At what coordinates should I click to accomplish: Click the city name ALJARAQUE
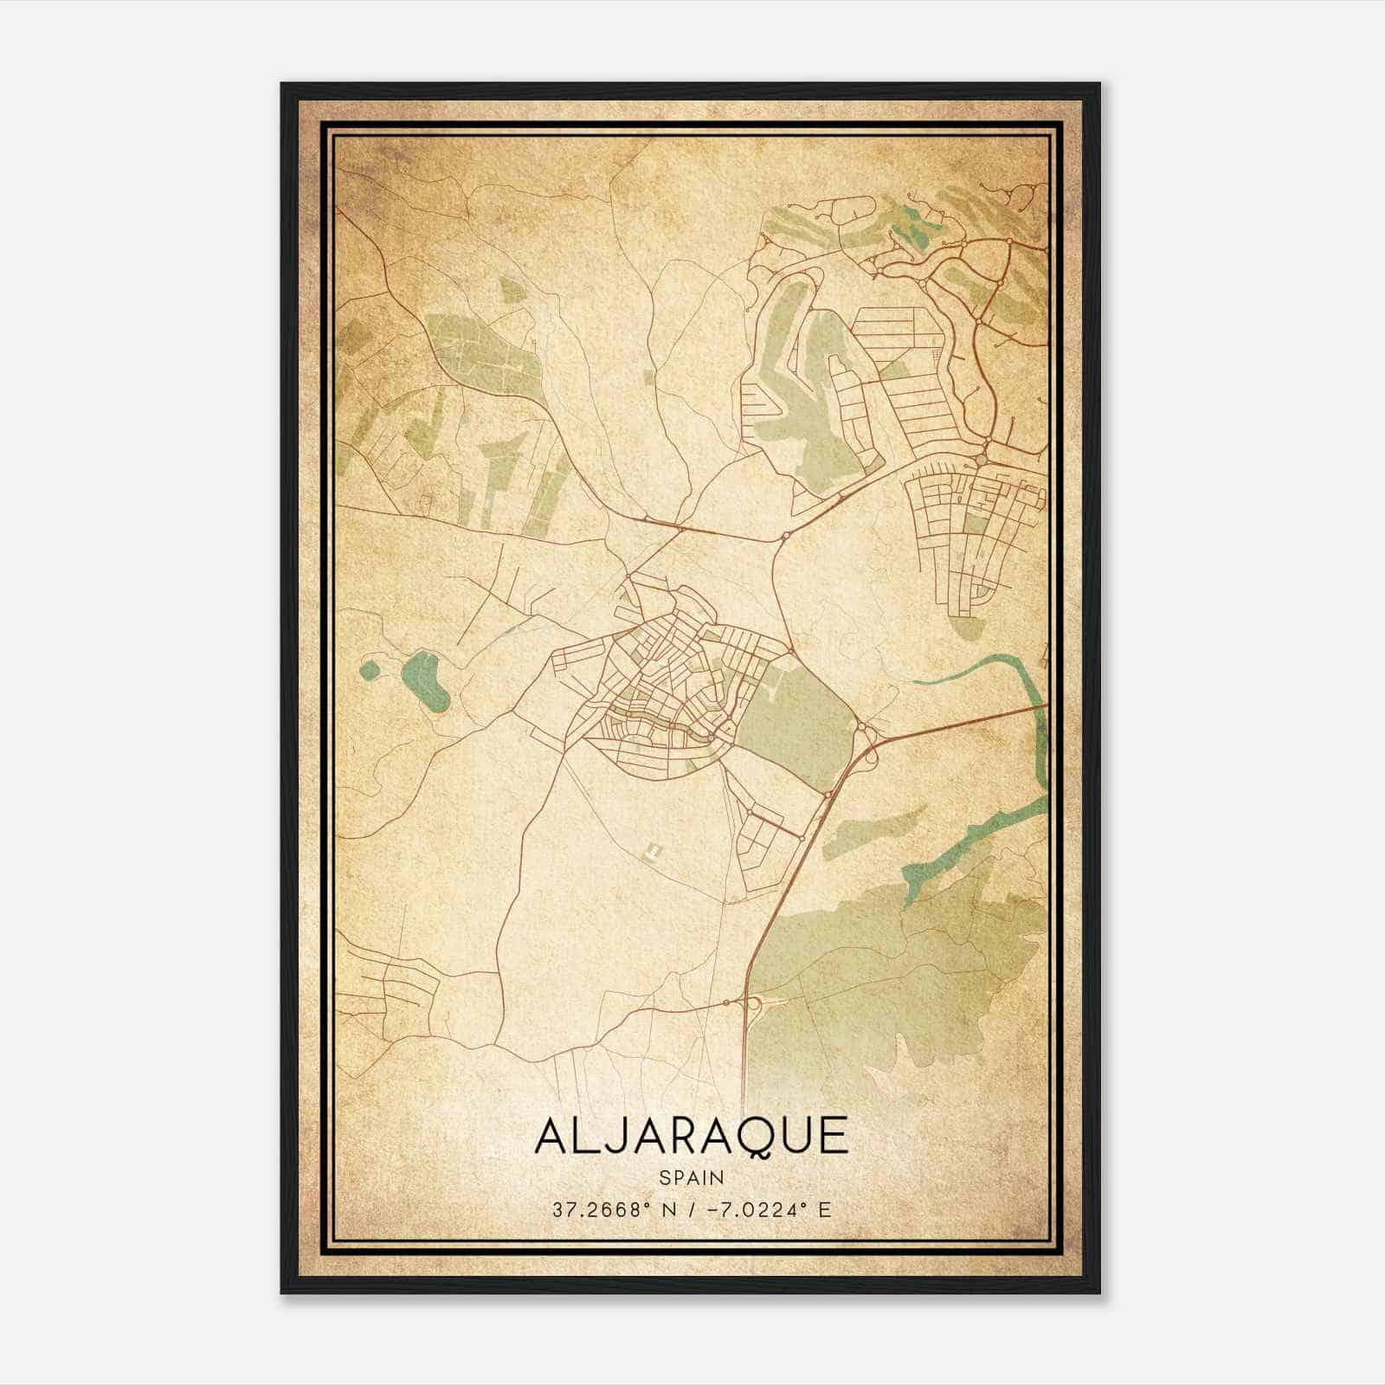tap(691, 1137)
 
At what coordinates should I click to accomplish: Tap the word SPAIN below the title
tap(691, 1178)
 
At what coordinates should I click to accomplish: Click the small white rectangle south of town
tap(653, 854)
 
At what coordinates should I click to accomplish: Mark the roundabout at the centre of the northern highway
tap(785, 537)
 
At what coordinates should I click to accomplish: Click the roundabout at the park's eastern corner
tap(862, 727)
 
